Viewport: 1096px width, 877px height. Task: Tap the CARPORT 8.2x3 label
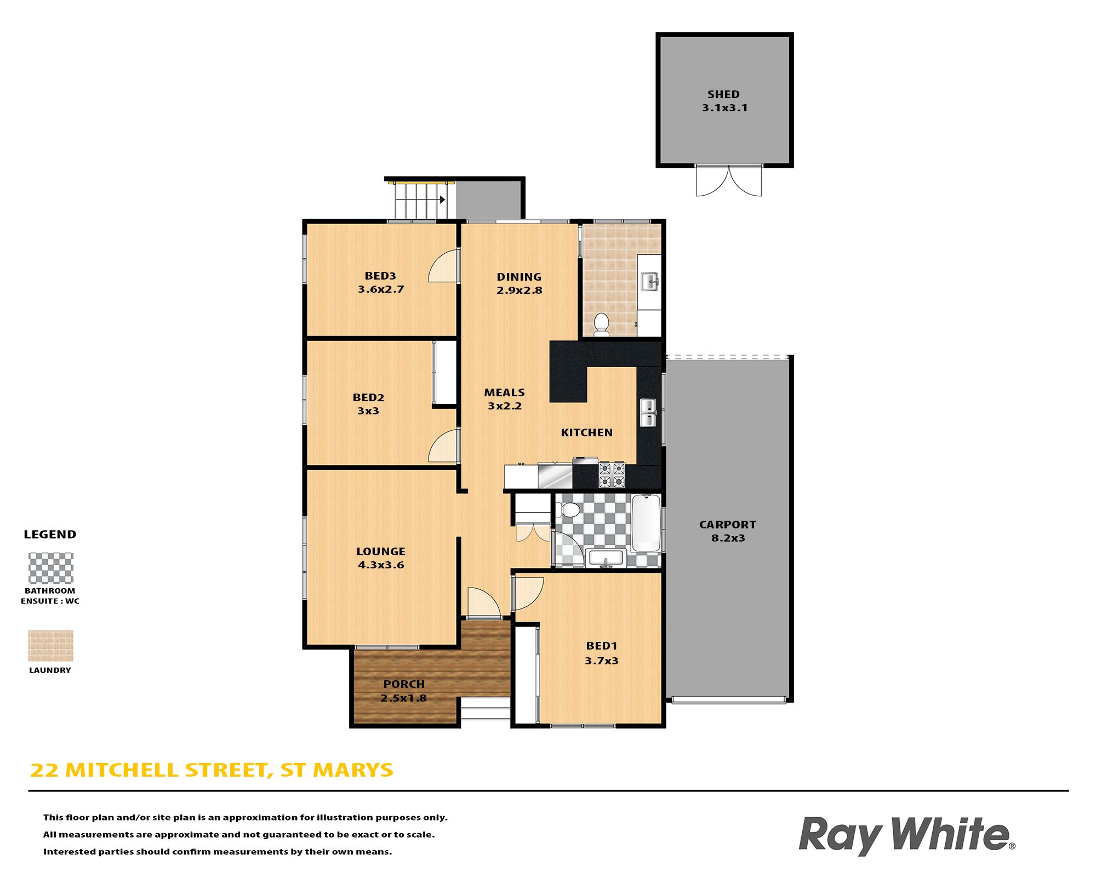click(728, 531)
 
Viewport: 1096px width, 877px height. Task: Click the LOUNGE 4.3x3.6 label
click(381, 558)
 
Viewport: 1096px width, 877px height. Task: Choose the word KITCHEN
click(587, 432)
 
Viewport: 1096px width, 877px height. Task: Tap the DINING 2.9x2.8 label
click(519, 283)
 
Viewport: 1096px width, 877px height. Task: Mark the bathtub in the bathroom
click(646, 523)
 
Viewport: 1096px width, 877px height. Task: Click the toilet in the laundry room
click(601, 324)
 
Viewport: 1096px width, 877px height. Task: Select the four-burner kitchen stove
click(612, 475)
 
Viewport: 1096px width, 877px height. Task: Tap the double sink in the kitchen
click(648, 413)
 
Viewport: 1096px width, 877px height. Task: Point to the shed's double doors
click(728, 180)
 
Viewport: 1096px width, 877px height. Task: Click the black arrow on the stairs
click(442, 200)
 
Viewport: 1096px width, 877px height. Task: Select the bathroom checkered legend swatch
click(50, 568)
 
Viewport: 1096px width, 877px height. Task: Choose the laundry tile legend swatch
click(50, 646)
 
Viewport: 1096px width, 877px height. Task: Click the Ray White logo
click(907, 835)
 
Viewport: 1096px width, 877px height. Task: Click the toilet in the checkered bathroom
click(569, 510)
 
